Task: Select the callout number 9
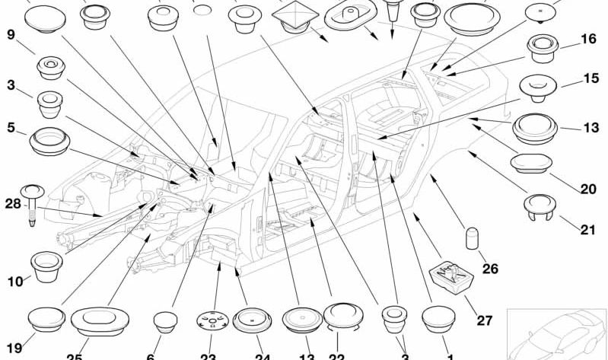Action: point(11,34)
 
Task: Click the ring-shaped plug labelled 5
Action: point(49,141)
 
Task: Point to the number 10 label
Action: point(15,282)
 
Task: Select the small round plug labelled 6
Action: point(166,323)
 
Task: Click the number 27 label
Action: point(485,320)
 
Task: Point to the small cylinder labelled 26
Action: point(471,237)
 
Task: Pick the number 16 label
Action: point(588,40)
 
